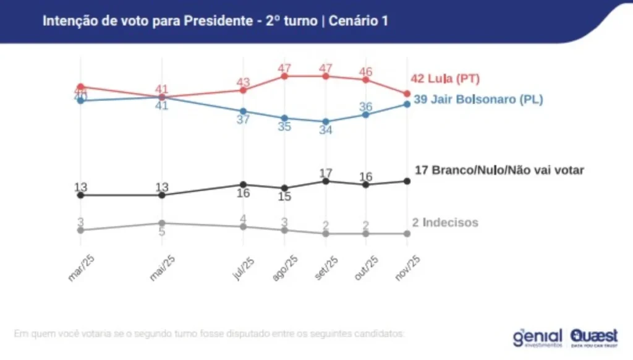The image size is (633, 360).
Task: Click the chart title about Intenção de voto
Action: (x=215, y=21)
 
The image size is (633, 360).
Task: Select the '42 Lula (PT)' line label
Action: (x=445, y=79)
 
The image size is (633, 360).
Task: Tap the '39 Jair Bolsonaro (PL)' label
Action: (x=478, y=99)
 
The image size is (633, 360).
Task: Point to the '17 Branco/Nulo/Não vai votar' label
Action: (x=499, y=170)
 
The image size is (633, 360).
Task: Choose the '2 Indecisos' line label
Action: (x=445, y=223)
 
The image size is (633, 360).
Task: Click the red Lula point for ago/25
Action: (x=284, y=76)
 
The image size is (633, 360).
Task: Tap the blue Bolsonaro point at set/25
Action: (x=326, y=122)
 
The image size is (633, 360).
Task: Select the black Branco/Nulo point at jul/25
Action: (x=244, y=184)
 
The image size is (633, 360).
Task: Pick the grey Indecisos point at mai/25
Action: (x=162, y=223)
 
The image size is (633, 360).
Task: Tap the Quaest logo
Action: (x=594, y=336)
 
